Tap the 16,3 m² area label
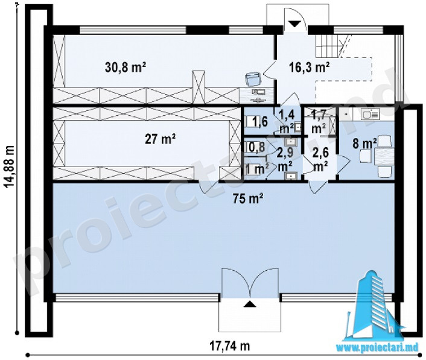tap(308, 67)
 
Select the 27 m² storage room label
tap(160, 139)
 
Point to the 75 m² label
tap(247, 198)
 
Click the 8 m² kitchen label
tap(364, 143)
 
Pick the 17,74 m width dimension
tap(229, 346)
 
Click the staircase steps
tap(328, 46)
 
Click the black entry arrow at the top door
tap(294, 24)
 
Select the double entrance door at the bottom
tap(250, 282)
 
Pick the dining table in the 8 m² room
tap(384, 156)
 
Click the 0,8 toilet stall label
tap(256, 147)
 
